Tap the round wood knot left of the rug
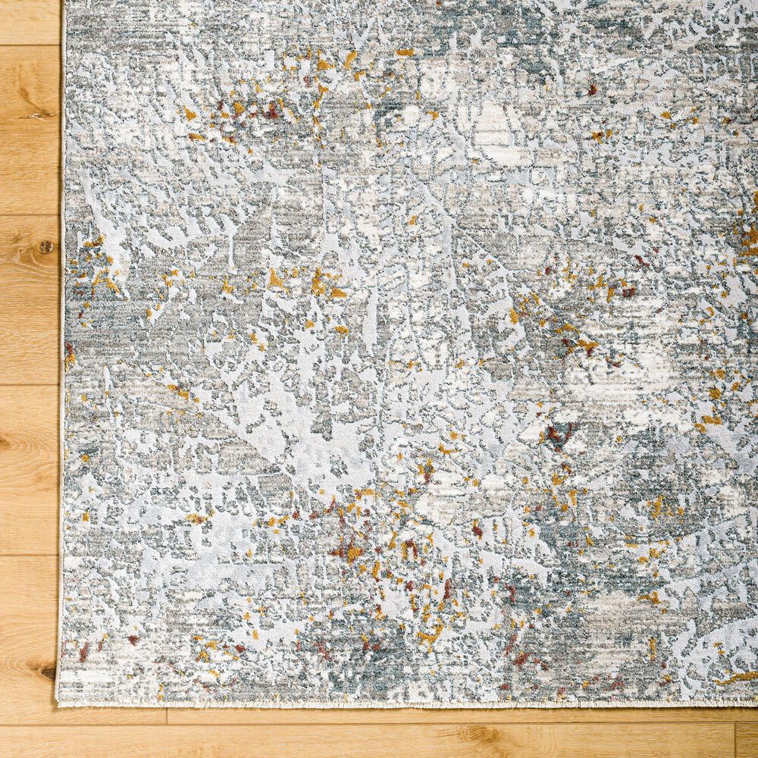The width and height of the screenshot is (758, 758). [47, 246]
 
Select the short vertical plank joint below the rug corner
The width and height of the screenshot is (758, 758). [164, 716]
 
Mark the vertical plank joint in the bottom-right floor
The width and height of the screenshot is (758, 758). [735, 740]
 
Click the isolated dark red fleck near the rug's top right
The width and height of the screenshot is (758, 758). [592, 89]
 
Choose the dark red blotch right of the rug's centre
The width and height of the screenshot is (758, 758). [559, 434]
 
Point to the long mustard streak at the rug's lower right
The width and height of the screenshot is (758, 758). [734, 678]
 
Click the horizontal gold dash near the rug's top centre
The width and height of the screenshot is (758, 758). [406, 52]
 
